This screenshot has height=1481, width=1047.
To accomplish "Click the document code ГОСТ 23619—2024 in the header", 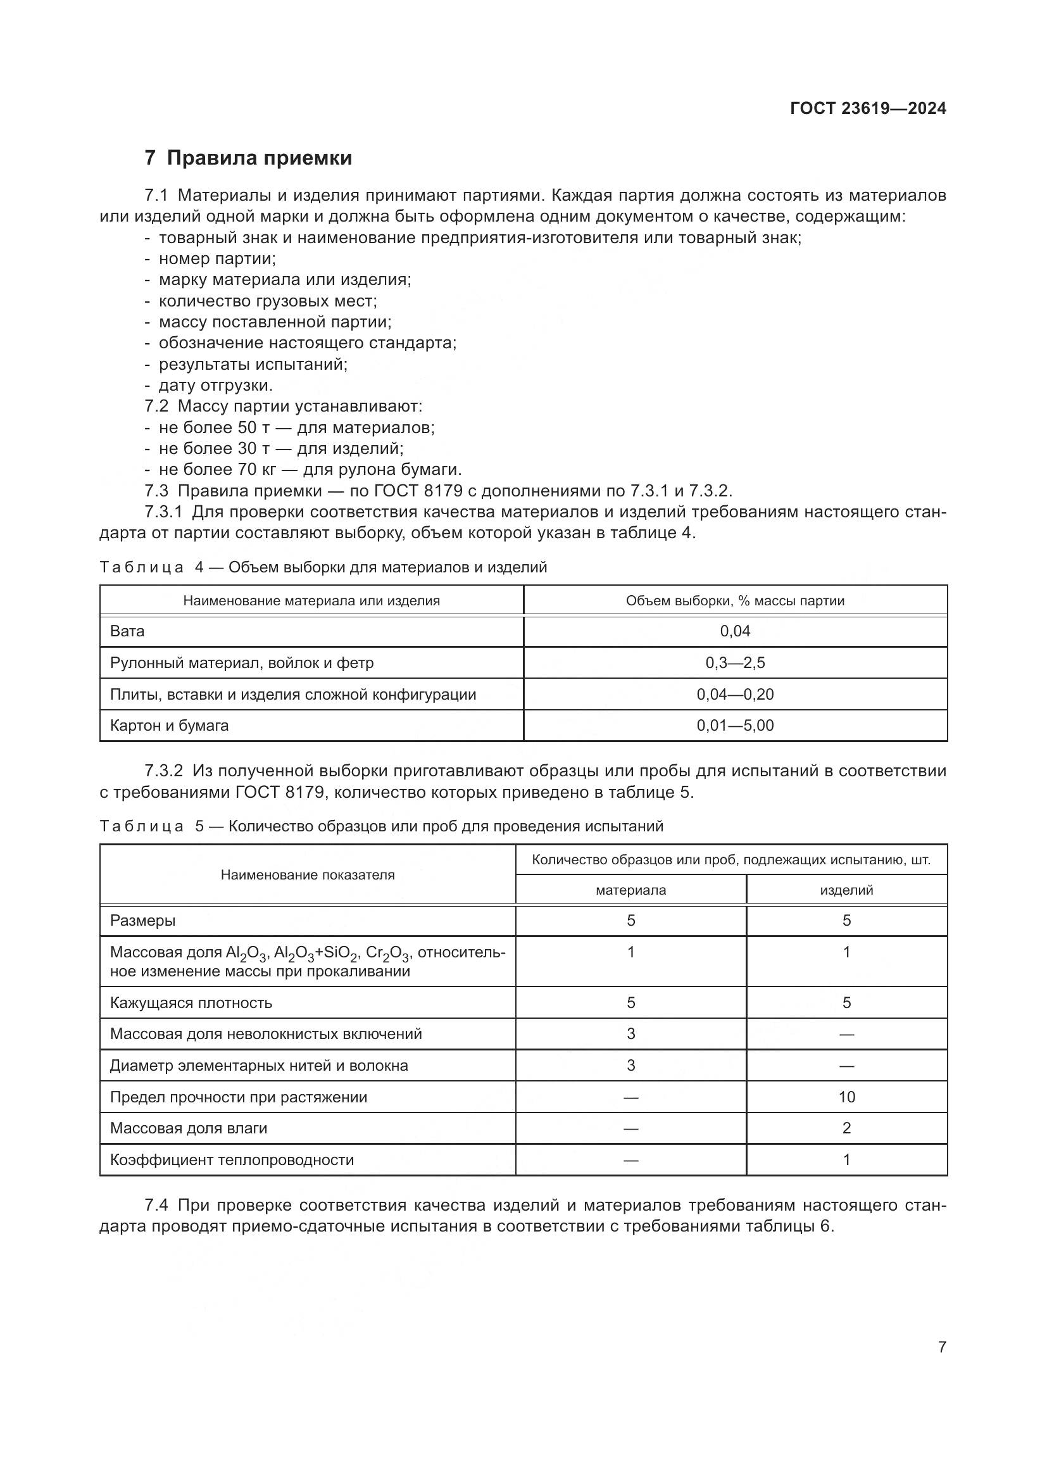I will [868, 108].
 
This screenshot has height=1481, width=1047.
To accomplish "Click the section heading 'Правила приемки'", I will [259, 158].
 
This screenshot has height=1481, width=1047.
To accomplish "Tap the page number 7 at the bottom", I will [942, 1347].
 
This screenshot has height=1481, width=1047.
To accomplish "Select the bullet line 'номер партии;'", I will [217, 259].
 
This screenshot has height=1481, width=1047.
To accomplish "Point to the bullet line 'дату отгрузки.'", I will [215, 385].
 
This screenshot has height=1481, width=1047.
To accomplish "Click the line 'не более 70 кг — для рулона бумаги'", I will [310, 470].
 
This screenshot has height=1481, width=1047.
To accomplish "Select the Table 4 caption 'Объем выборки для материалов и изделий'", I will [387, 567].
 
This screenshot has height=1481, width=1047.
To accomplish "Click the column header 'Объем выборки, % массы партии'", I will [735, 600].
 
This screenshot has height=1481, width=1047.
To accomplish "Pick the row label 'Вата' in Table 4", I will [127, 631].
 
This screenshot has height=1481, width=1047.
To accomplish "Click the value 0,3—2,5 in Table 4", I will [735, 662].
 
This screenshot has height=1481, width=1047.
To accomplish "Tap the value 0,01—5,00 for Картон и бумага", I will [735, 725].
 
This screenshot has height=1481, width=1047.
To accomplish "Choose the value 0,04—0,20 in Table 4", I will [735, 694].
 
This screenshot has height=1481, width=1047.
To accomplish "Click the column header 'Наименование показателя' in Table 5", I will [308, 874].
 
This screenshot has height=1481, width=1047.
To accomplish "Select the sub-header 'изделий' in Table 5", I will [846, 890].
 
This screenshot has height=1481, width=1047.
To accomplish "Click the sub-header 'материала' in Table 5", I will [630, 890].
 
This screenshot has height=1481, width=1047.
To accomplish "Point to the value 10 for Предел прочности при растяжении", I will [846, 1097].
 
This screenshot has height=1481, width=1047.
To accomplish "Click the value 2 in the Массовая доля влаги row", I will [846, 1128].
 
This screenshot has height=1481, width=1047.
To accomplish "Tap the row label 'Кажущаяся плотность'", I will [191, 1002].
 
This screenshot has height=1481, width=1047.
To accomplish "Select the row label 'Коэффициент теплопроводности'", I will [232, 1159].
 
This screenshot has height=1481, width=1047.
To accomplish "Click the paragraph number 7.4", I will [158, 1205].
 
